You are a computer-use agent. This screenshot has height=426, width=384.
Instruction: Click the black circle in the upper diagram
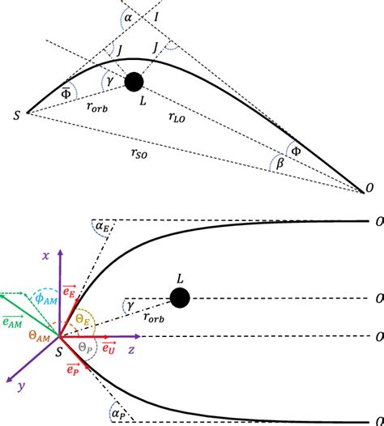(134, 81)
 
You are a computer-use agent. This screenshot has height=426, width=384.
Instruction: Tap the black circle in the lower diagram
(181, 298)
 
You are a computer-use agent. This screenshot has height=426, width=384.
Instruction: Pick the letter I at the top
(156, 15)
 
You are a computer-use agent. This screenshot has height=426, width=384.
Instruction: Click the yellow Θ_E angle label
(84, 320)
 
